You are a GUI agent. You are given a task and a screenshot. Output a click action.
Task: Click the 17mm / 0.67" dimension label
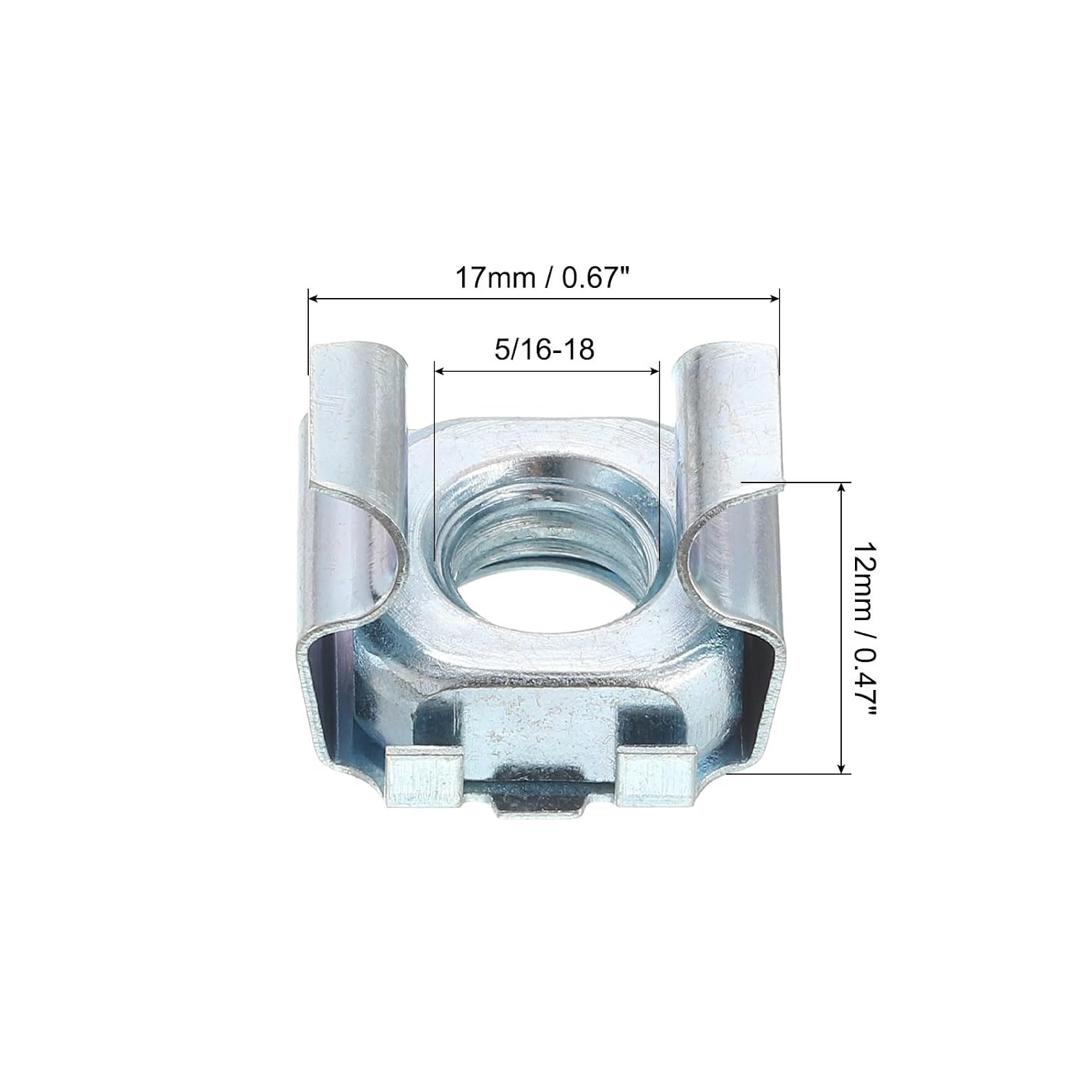[544, 278]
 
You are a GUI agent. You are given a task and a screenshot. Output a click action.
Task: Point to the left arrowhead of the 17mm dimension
[314, 297]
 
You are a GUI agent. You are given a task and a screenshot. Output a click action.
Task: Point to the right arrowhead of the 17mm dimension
[774, 297]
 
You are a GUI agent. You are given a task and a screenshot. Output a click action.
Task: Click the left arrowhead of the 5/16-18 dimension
[439, 370]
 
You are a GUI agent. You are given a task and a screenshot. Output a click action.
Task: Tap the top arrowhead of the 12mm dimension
[841, 489]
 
